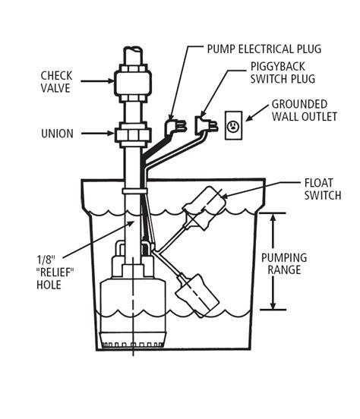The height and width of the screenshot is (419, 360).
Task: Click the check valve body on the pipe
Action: point(133,83)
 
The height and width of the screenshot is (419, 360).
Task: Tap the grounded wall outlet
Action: point(233,125)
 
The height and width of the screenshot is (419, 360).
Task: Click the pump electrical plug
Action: point(175,126)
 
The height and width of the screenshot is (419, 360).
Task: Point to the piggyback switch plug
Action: point(207,124)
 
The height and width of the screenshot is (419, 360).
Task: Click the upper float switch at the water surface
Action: point(204,207)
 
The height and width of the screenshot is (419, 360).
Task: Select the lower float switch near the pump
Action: point(197,295)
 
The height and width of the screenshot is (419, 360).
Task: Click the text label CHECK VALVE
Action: point(56,82)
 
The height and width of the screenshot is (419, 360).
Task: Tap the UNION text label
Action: point(57,134)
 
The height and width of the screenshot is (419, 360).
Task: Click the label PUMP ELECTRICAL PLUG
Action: point(264,49)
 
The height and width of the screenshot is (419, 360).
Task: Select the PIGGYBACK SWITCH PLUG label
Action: point(283,73)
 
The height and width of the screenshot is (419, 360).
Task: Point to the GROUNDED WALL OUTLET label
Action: point(305,110)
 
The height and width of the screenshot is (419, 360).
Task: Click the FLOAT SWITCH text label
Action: point(323,189)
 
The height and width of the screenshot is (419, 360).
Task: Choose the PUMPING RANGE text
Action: point(284,263)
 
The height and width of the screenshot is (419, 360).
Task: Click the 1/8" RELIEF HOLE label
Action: point(55,273)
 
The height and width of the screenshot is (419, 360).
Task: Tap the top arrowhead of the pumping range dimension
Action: point(273,217)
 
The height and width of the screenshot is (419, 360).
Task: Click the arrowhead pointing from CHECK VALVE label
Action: point(111,80)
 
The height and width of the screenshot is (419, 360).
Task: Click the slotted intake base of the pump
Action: point(133,340)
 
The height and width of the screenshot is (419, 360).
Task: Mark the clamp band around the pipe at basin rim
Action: point(134,191)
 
